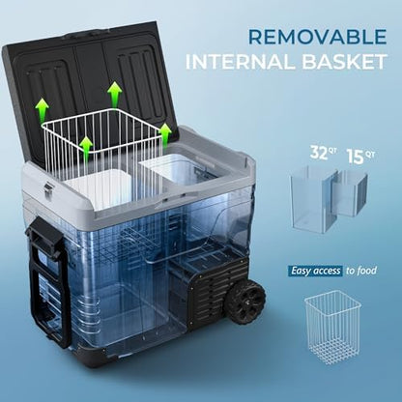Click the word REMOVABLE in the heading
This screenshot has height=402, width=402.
coord(318,37)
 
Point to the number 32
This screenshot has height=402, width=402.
coord(319,153)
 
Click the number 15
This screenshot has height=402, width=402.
coord(356,157)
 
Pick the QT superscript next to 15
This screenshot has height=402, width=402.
coord(370,155)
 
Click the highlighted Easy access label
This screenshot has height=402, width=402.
coord(315,271)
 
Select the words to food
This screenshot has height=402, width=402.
coord(361,271)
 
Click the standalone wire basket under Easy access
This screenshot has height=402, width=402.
coord(332,327)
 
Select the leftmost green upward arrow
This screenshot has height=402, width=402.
coord(42,111)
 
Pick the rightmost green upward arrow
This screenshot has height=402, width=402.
coord(165,134)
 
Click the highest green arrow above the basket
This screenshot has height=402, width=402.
coord(115,94)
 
